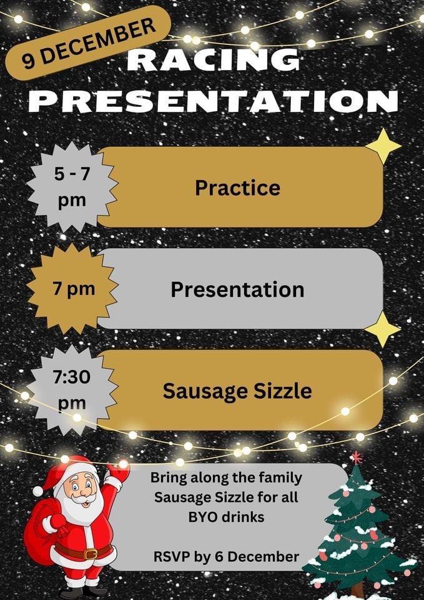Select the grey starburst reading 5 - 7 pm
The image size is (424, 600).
[72, 187]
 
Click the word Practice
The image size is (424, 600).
[237, 187]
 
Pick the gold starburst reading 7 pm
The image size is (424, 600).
[72, 289]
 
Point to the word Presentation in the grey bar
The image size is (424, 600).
[237, 289]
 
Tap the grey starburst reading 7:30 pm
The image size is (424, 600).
[72, 391]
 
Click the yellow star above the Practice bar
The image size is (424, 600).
[383, 146]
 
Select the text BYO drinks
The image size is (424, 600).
[227, 516]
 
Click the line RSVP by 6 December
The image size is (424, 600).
[227, 556]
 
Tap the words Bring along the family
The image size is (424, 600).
[227, 478]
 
